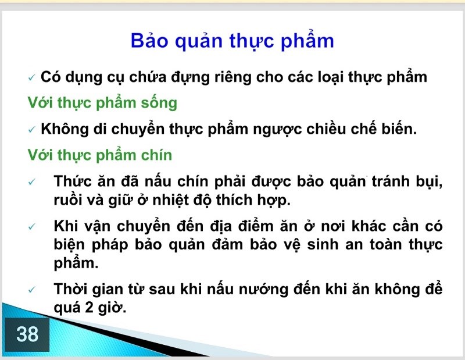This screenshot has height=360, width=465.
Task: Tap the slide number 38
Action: (27, 334)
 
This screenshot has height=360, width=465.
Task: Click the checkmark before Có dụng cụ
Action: (32, 78)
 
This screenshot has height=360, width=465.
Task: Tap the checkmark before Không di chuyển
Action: (32, 130)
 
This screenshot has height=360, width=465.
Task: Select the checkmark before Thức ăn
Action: (32, 181)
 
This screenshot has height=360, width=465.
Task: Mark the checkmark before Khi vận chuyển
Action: (32, 227)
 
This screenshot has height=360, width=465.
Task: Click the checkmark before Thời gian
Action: (32, 290)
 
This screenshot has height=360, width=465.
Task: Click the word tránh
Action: (391, 181)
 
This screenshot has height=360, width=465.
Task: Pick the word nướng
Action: (264, 290)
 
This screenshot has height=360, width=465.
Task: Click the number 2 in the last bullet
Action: (90, 308)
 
